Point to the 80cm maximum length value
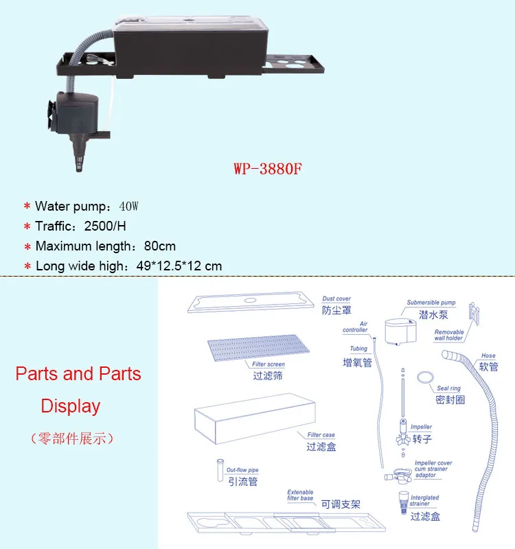(x=159, y=246)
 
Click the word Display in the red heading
(x=71, y=406)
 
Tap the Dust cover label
(x=336, y=299)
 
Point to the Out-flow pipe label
(x=242, y=470)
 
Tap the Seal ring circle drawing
(x=425, y=377)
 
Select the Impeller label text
(x=421, y=428)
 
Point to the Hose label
(x=488, y=356)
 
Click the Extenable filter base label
(x=300, y=495)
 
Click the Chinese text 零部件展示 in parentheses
(x=70, y=437)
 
